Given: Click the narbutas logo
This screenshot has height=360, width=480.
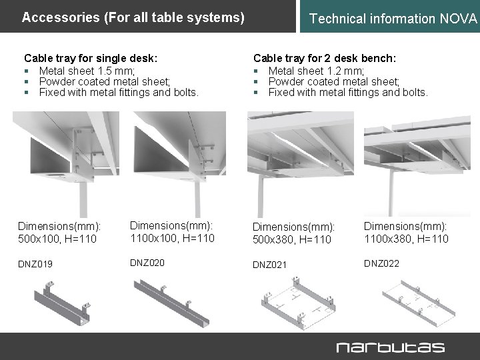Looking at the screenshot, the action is pos(390,347).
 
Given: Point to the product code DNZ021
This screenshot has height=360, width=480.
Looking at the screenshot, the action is pos(269,265).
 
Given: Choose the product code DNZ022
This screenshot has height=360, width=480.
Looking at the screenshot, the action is pos(381,263).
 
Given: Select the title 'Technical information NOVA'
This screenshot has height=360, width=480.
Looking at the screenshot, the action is pos(394,19).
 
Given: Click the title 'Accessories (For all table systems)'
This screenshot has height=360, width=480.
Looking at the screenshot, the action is pos(133,17).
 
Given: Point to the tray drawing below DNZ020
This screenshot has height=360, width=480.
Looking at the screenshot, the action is pos(175,296).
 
